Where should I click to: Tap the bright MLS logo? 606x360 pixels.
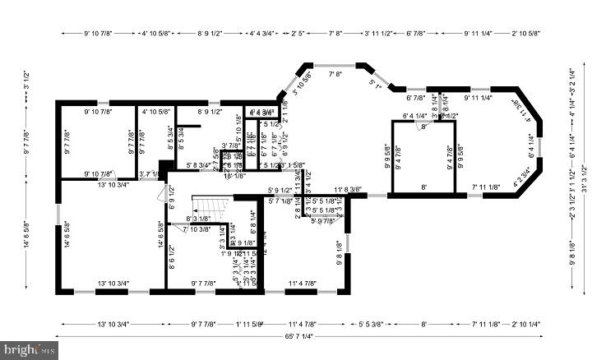[x=30, y=348]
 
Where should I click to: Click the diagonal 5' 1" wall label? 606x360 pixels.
[x=377, y=83]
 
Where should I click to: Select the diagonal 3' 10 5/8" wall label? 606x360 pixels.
[x=301, y=85]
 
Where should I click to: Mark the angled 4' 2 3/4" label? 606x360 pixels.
[x=527, y=174]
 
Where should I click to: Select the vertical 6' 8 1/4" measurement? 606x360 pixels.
[x=253, y=221]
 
